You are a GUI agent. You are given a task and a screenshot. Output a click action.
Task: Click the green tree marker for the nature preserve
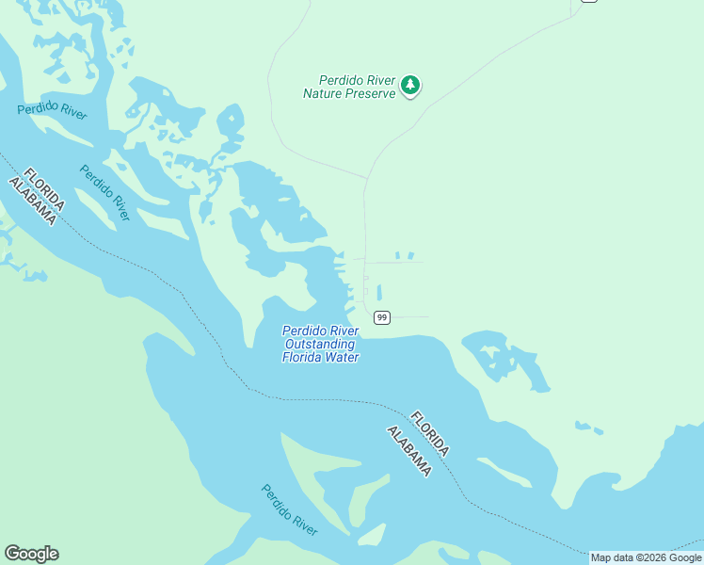click(409, 85)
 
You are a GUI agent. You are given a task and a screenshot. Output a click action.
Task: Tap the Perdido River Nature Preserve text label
click(348, 87)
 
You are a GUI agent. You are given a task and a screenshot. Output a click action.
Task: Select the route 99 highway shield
click(381, 317)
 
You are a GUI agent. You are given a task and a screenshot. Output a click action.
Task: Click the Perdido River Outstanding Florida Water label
click(321, 344)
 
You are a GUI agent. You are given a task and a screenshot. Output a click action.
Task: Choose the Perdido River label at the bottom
click(289, 509)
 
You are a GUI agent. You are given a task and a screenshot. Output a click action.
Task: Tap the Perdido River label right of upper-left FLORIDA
click(104, 193)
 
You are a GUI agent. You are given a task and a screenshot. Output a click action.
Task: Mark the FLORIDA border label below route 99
click(429, 434)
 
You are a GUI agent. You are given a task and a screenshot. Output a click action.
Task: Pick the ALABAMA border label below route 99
click(409, 450)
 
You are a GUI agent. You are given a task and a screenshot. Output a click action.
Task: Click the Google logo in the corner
click(31, 554)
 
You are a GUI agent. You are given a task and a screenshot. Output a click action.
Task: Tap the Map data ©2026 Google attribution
click(646, 557)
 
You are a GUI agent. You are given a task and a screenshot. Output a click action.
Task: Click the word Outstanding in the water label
click(321, 344)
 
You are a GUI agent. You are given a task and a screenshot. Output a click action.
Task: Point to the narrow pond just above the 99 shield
click(379, 292)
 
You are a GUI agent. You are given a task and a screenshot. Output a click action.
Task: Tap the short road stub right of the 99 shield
click(411, 317)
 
